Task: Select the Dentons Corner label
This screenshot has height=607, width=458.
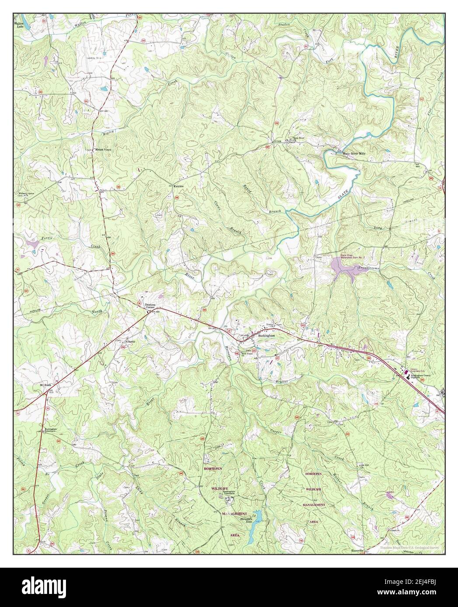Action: (x=150, y=306)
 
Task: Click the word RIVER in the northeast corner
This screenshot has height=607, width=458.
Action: (x=397, y=51)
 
